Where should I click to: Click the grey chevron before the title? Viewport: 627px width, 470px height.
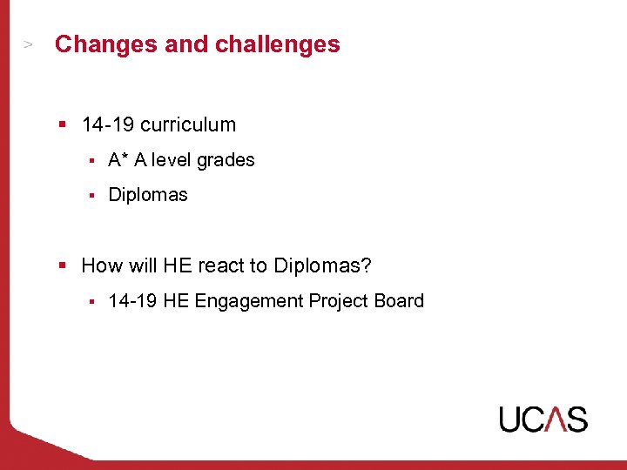coord(28,44)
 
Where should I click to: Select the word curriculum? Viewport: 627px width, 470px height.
coord(188,124)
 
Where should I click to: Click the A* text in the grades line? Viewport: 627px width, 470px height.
coord(118,160)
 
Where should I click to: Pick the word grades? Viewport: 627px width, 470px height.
coord(226,160)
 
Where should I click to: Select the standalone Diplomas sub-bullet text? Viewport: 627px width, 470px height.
coord(148,195)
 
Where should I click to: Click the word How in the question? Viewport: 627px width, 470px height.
coord(102,265)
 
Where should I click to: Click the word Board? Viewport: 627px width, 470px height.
coord(399,301)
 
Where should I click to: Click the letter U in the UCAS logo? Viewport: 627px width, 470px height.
coord(511,419)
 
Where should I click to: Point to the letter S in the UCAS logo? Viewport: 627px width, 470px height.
coord(576,419)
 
